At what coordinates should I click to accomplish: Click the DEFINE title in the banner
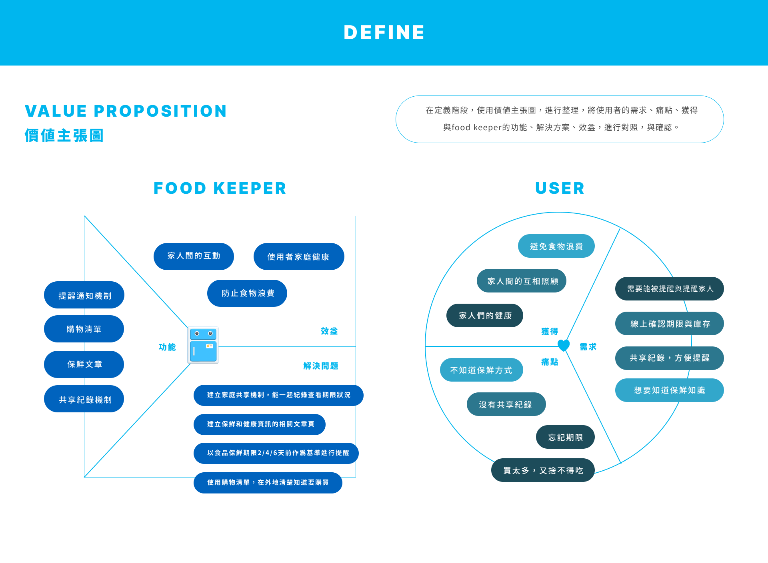click(x=384, y=32)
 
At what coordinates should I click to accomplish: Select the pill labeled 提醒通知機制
click(x=84, y=295)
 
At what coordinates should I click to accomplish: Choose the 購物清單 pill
click(x=84, y=329)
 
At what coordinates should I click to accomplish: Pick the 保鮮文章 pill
click(x=84, y=364)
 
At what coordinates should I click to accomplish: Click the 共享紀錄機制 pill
click(x=84, y=399)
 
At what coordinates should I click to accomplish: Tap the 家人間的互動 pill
click(x=194, y=256)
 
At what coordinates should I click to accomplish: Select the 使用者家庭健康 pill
click(x=298, y=257)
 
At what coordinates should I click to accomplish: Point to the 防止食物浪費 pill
click(x=247, y=293)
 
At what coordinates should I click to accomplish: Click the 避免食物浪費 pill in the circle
click(x=556, y=246)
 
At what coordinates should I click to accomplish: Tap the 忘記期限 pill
click(x=565, y=437)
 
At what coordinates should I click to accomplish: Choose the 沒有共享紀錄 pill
click(x=506, y=404)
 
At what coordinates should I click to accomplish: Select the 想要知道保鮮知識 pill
click(x=669, y=390)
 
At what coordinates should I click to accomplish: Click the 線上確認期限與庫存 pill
click(x=669, y=324)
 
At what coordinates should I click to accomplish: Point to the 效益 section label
click(x=329, y=331)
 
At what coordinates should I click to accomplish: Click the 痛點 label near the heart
click(x=550, y=362)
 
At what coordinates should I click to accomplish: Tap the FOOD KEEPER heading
click(x=220, y=188)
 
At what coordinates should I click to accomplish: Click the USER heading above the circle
click(x=560, y=188)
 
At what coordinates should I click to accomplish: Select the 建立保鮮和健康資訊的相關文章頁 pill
click(x=260, y=424)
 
